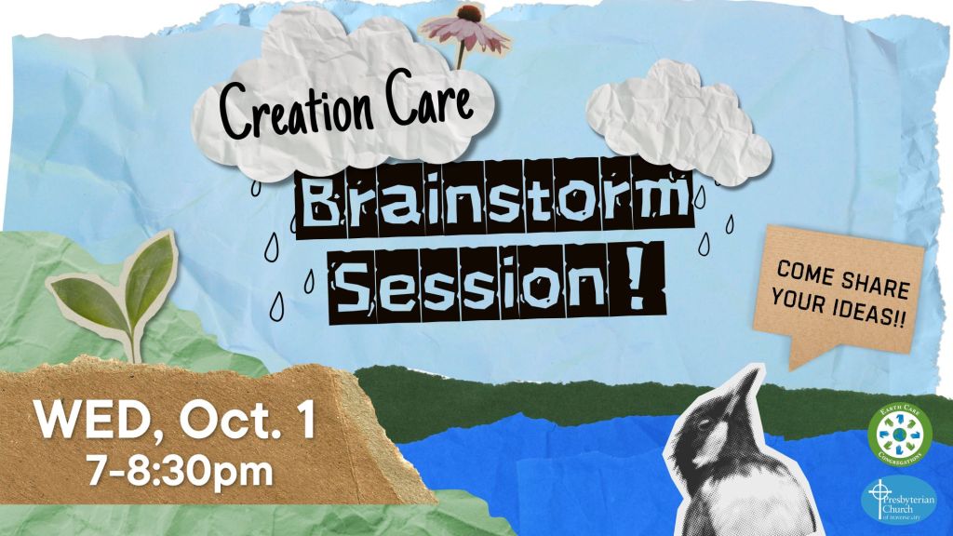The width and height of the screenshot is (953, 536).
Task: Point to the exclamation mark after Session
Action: tap(638, 276)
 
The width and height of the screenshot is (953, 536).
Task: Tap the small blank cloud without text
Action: tap(684, 121)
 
